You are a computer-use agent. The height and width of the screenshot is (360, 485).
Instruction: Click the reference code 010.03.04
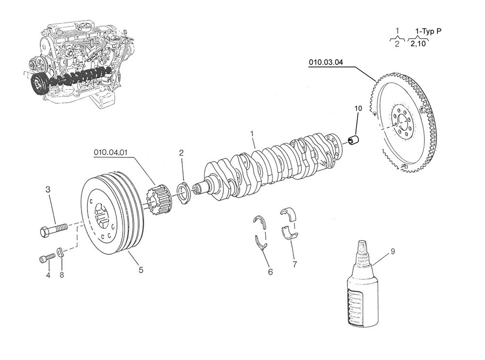(326, 62)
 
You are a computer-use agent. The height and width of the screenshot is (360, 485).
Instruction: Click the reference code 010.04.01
(111, 153)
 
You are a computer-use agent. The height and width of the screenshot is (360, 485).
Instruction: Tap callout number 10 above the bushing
(358, 109)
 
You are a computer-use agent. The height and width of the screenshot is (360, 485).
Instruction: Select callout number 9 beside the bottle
(392, 251)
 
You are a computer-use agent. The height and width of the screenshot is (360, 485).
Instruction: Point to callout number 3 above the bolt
(48, 189)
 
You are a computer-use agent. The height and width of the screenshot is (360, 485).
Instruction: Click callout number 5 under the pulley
(141, 270)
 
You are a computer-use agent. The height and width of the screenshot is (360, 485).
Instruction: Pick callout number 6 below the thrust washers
(270, 272)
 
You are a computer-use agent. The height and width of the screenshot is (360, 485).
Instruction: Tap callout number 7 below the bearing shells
(294, 264)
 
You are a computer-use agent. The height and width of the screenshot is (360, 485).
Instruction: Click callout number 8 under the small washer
(62, 275)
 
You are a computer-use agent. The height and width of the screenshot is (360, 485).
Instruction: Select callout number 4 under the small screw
(48, 275)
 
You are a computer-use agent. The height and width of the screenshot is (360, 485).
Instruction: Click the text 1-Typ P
(428, 31)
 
